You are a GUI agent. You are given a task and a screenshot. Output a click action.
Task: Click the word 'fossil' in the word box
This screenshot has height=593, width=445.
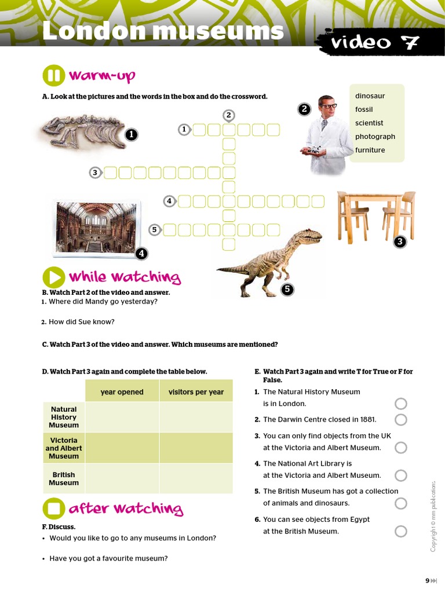[364, 109]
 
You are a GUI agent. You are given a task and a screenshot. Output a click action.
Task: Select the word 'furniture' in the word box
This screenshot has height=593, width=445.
[370, 150]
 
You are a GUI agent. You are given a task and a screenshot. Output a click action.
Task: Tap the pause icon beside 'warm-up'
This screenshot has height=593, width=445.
[54, 76]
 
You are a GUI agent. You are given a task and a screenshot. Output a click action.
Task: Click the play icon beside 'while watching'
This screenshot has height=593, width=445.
[54, 277]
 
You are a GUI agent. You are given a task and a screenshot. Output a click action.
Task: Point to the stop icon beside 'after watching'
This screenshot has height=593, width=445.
[54, 508]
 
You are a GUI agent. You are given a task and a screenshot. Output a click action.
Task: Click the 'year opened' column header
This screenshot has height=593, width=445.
[122, 392]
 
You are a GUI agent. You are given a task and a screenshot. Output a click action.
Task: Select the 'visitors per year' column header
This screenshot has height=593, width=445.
[196, 392]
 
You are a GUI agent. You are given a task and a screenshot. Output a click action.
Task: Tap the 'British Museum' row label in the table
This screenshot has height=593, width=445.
[64, 479]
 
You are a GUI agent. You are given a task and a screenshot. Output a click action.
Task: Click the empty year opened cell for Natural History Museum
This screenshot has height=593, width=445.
[122, 418]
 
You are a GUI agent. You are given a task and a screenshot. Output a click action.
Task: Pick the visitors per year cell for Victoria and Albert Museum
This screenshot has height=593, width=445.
[196, 448]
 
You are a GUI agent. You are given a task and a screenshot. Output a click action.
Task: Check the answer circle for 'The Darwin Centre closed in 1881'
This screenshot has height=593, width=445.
[400, 420]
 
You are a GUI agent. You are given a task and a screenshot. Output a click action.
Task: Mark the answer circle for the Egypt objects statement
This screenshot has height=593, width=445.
[400, 531]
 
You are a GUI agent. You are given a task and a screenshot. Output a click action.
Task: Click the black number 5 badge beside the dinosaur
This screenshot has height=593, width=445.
[287, 290]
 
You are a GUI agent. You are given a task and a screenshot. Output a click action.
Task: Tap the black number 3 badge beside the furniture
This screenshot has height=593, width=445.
[399, 242]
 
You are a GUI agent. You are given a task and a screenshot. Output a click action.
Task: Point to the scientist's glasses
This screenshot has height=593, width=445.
[329, 107]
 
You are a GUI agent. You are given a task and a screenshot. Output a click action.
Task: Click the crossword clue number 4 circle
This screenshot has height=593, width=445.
[169, 201]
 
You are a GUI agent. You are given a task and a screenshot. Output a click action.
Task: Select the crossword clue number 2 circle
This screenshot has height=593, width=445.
[229, 115]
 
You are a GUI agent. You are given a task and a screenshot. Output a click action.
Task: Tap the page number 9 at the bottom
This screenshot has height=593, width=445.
[427, 581]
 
